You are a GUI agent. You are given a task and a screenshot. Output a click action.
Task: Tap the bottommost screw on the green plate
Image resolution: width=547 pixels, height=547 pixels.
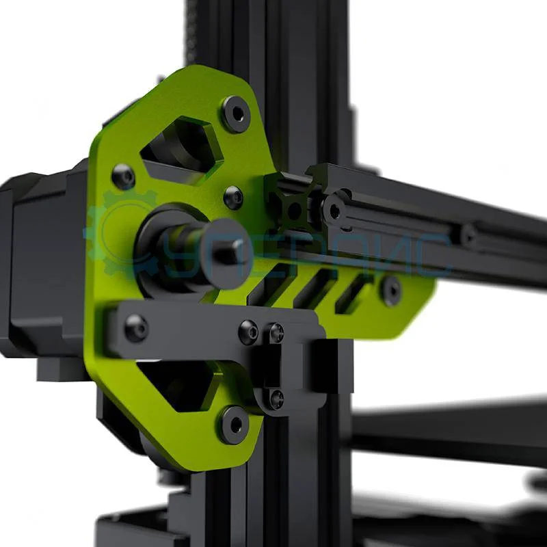[x=233, y=425]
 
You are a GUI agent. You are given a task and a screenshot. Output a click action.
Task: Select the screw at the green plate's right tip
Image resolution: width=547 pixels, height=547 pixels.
[x=390, y=290]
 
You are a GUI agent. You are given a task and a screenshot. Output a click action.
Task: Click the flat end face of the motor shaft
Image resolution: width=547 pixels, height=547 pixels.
[x=230, y=251]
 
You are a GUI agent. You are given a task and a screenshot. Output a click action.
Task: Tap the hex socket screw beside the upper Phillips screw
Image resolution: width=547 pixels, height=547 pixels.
[x=248, y=332]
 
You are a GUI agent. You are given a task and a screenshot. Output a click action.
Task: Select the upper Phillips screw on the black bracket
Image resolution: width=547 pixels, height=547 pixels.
[x=276, y=333]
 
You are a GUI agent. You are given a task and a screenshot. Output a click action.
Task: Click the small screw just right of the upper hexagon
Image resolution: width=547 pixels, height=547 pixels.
[x=233, y=198]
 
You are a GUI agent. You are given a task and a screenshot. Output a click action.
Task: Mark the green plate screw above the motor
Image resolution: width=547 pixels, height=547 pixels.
[x=124, y=176]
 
